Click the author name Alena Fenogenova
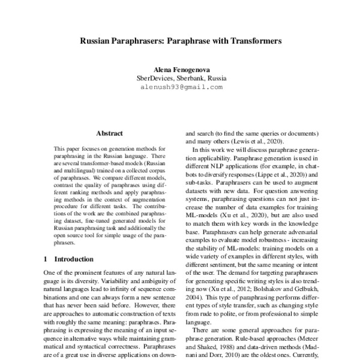180,70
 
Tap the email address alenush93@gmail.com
180,87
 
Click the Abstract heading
109,133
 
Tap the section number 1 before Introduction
46,259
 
